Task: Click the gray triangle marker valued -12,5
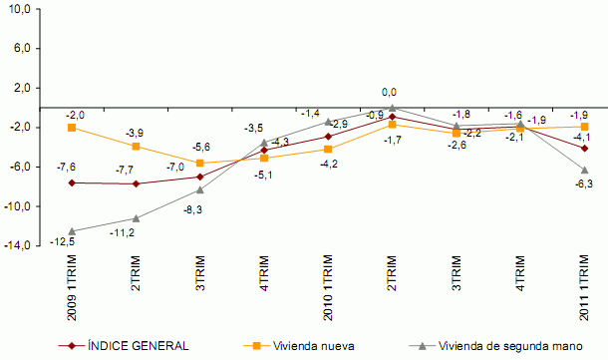point(72,230)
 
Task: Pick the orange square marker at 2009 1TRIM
point(72,128)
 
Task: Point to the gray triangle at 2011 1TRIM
point(584,170)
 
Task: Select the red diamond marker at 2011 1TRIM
point(584,148)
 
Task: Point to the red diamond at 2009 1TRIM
point(72,182)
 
